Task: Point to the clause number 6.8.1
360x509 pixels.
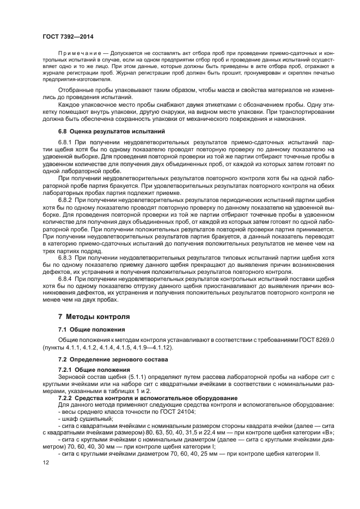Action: tap(66, 142)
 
